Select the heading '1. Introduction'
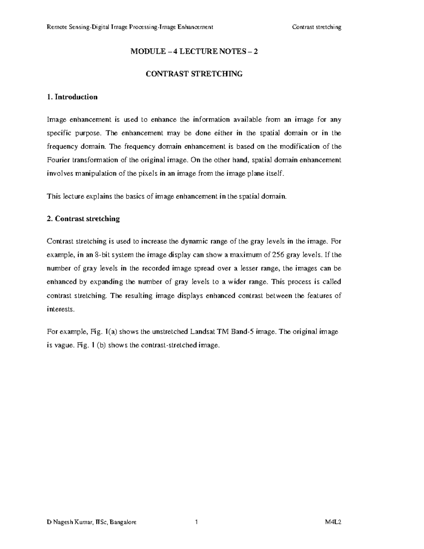pos(72,97)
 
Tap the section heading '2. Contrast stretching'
pos(83,219)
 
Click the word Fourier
pos(58,160)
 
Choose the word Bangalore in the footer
pos(123,522)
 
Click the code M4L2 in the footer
pos(334,522)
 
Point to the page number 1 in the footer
pos(196,522)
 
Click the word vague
pos(64,345)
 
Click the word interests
pos(61,309)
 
